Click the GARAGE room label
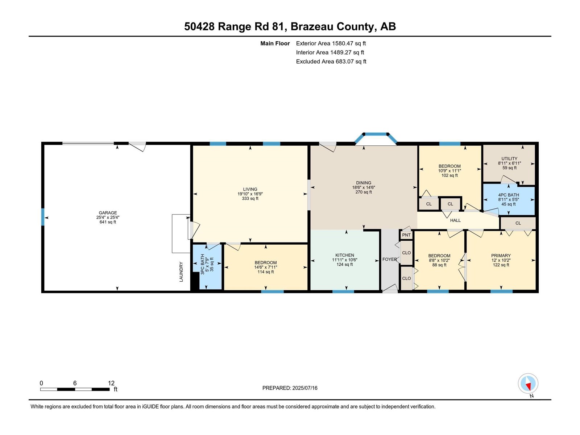(x=108, y=213)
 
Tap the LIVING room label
(x=250, y=189)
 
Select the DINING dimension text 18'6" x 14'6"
(x=364, y=187)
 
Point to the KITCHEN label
(x=345, y=255)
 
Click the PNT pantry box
(x=406, y=235)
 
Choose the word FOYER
(x=389, y=259)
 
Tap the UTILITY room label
(x=509, y=159)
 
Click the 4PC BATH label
(x=509, y=195)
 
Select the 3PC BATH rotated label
(x=203, y=264)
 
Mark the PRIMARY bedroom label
(x=501, y=256)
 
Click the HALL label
(x=455, y=220)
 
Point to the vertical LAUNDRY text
(x=181, y=272)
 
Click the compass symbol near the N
(x=528, y=384)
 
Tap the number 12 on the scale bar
(x=111, y=383)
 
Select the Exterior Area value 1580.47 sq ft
(x=349, y=43)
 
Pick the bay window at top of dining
(x=376, y=138)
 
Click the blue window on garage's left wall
(x=43, y=217)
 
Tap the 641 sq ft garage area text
(x=108, y=222)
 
